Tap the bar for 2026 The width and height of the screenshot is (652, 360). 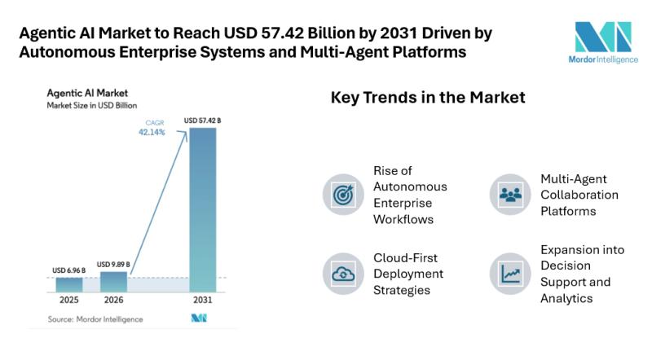pyautogui.click(x=114, y=282)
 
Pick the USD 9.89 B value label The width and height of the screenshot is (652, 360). pyautogui.click(x=114, y=264)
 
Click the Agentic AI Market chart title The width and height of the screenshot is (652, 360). pyautogui.click(x=88, y=93)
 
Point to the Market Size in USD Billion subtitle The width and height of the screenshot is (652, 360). pyautogui.click(x=92, y=106)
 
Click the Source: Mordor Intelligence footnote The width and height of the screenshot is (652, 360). pyautogui.click(x=95, y=319)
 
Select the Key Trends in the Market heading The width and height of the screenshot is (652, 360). pyautogui.click(x=428, y=97)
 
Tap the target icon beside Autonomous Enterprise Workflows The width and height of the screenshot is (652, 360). pyautogui.click(x=343, y=195)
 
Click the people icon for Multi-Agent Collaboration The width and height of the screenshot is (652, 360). pyautogui.click(x=510, y=195)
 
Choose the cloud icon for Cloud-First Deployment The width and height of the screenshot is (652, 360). pyautogui.click(x=343, y=273)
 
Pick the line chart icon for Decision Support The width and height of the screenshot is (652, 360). pyautogui.click(x=510, y=273)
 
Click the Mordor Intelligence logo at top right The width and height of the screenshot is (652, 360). pyautogui.click(x=603, y=43)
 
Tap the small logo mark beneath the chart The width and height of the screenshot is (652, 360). pyautogui.click(x=199, y=318)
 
